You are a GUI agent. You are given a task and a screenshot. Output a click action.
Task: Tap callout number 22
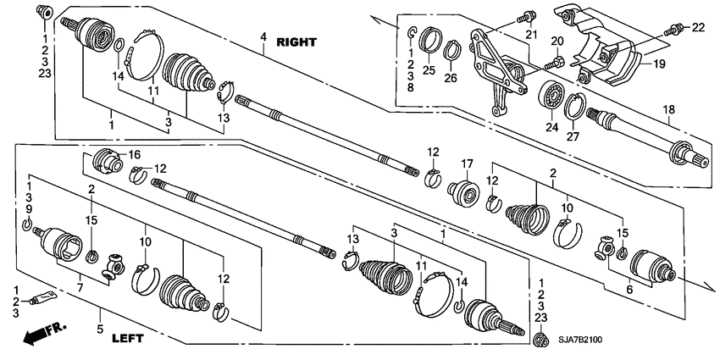pos(698,27)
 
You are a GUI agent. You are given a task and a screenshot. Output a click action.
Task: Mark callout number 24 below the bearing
pos(553,128)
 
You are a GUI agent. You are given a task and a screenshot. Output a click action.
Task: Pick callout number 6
pos(628,290)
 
